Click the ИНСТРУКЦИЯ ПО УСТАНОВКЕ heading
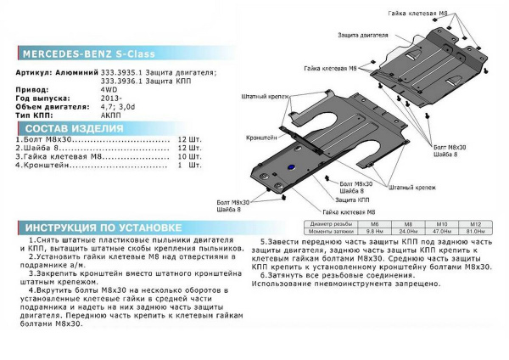click(99, 228)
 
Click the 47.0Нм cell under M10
click(439, 231)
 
